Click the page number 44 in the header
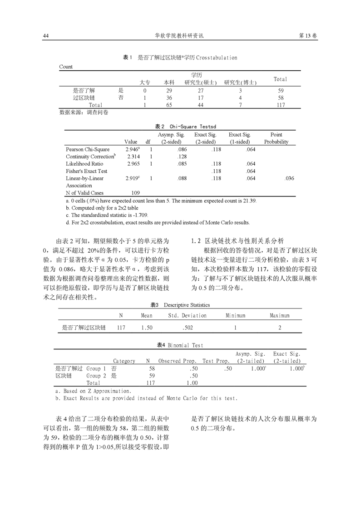coord(45,36)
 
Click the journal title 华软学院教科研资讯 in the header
coord(180,36)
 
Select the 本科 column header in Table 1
coord(169,83)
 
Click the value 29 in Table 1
coord(169,90)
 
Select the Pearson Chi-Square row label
coord(88,149)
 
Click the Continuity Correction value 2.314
coord(133,157)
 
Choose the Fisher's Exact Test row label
coord(87,171)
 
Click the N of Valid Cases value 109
coord(135,193)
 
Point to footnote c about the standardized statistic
coord(107,215)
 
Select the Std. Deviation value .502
coord(187,327)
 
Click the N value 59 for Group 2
coord(152,376)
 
